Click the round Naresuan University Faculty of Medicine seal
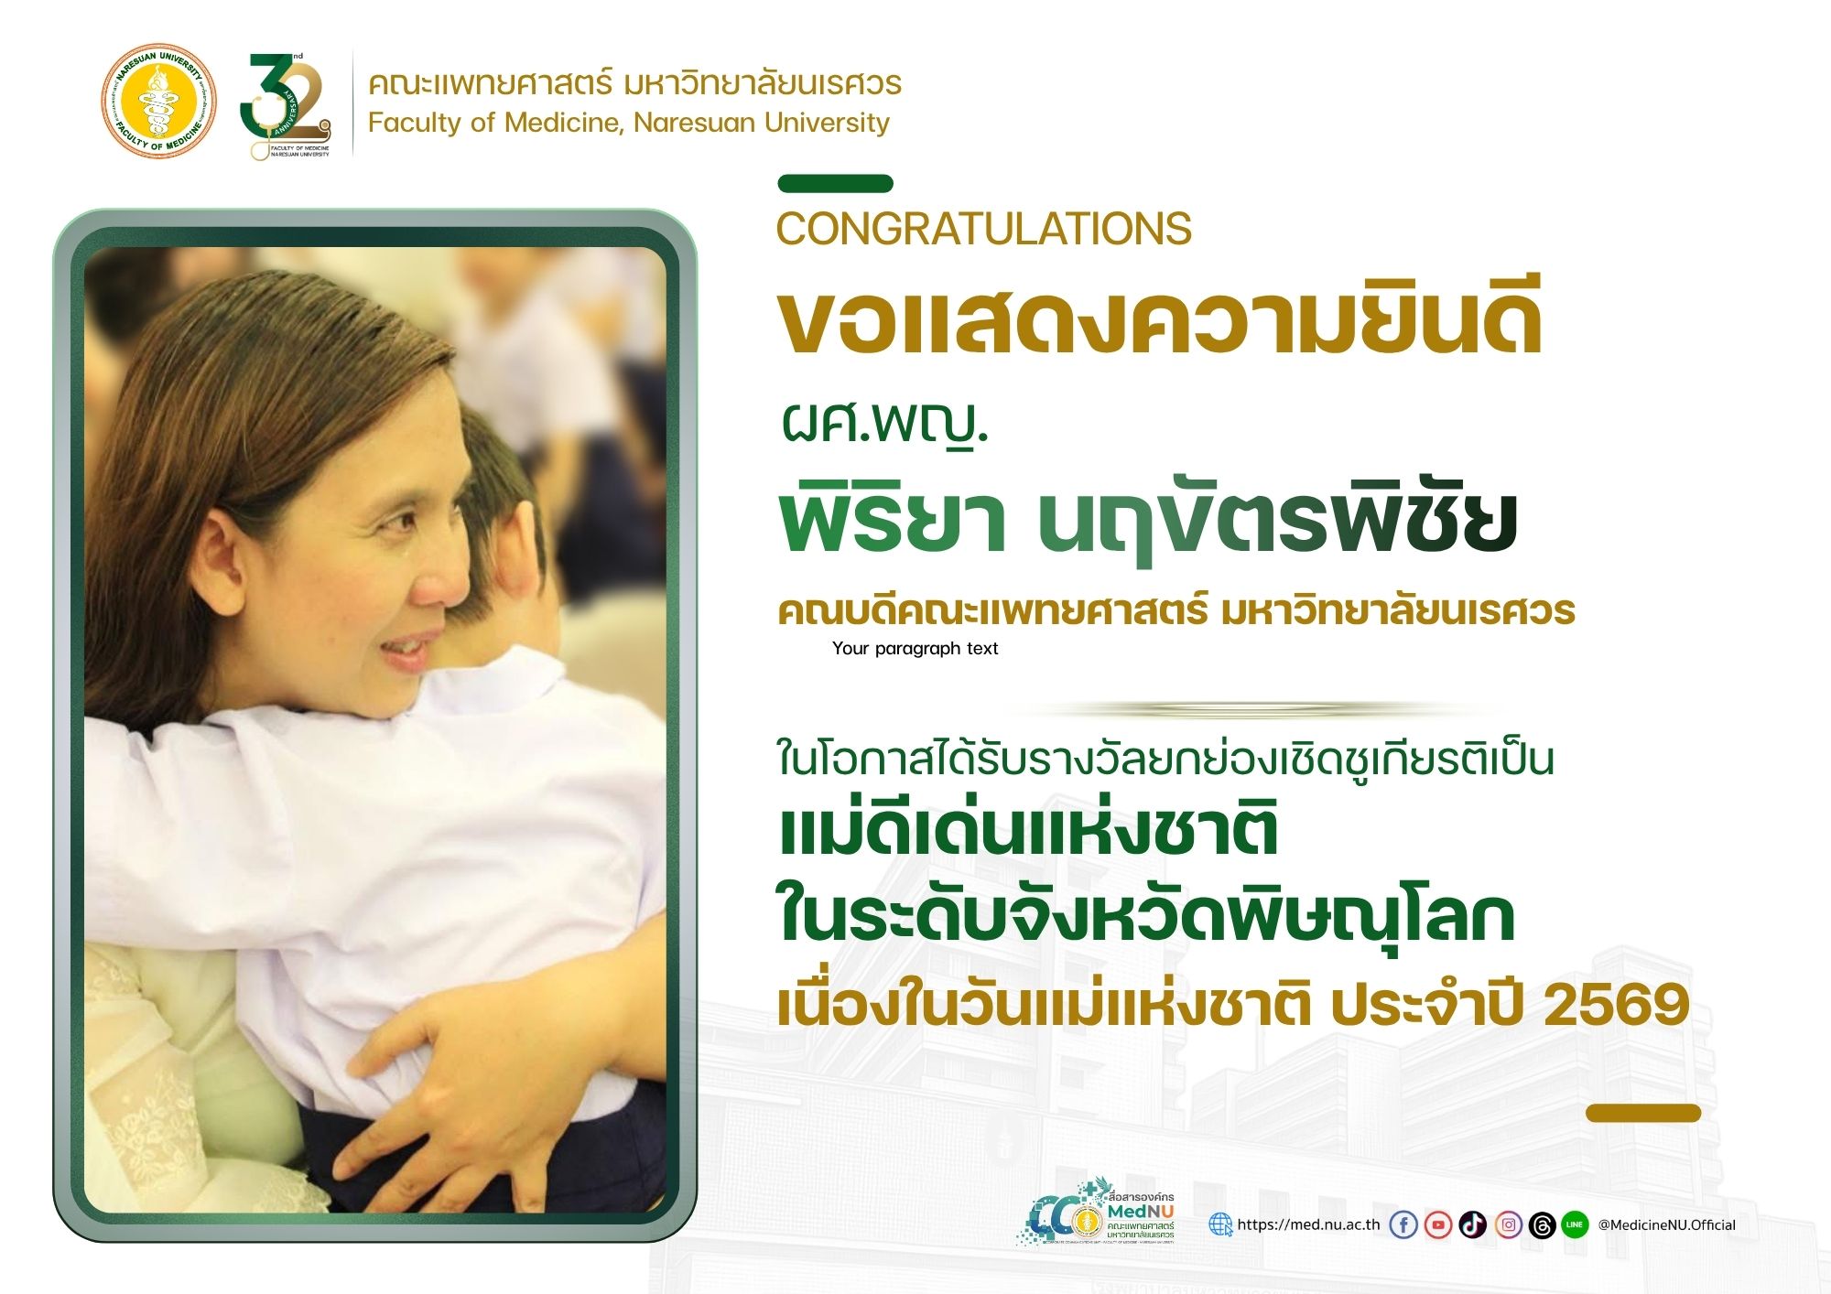pos(159,101)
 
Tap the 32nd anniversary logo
pos(286,105)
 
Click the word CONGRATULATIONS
pos(984,229)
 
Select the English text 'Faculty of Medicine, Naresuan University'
pos(629,123)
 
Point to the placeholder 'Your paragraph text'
pos(915,648)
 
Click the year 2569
pos(1616,1005)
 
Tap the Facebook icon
pos(1403,1224)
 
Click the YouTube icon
pos(1438,1224)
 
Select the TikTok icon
pos(1473,1224)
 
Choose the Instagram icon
pos(1508,1224)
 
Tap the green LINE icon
pos(1575,1224)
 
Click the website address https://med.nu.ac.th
pos(1308,1224)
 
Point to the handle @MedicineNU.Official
pos(1666,1224)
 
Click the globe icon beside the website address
pos(1220,1224)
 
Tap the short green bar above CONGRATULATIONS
pos(835,184)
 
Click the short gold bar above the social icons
pos(1643,1113)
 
